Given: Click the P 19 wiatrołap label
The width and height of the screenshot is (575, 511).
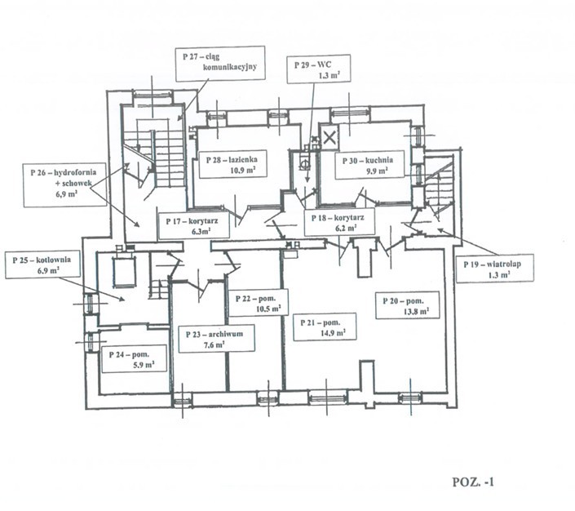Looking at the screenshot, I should [495, 269].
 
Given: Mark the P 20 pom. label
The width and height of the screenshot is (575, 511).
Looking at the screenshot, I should [408, 305].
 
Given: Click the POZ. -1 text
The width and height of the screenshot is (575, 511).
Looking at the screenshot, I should [473, 482].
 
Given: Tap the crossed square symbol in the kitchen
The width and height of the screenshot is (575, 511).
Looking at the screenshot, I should [330, 136].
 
